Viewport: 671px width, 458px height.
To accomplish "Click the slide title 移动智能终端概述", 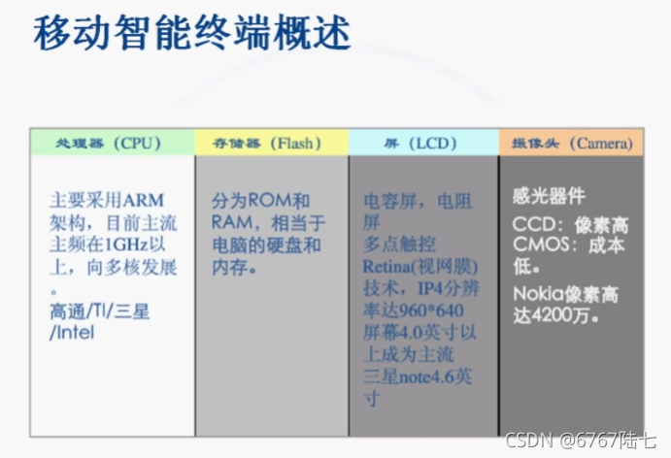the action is point(192,33).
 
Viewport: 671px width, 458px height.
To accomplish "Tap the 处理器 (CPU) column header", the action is point(112,143).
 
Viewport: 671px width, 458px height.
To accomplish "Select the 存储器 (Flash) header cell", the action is point(272,143).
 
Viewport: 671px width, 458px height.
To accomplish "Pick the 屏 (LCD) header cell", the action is point(423,143).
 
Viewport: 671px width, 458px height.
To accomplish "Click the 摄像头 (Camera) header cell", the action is point(571,143).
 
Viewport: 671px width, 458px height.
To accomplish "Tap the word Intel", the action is point(76,333).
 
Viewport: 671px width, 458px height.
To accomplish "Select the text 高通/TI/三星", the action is point(100,311).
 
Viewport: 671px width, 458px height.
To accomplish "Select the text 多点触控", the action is point(399,245).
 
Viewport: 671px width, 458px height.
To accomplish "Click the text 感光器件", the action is point(549,196).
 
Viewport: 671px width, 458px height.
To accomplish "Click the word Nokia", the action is point(539,294).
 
